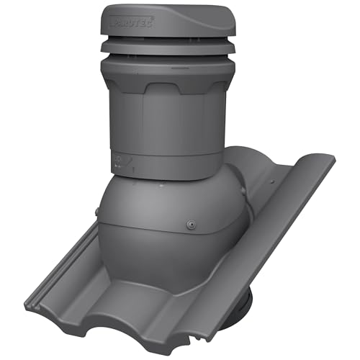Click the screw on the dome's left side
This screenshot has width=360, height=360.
[x=96, y=211]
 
